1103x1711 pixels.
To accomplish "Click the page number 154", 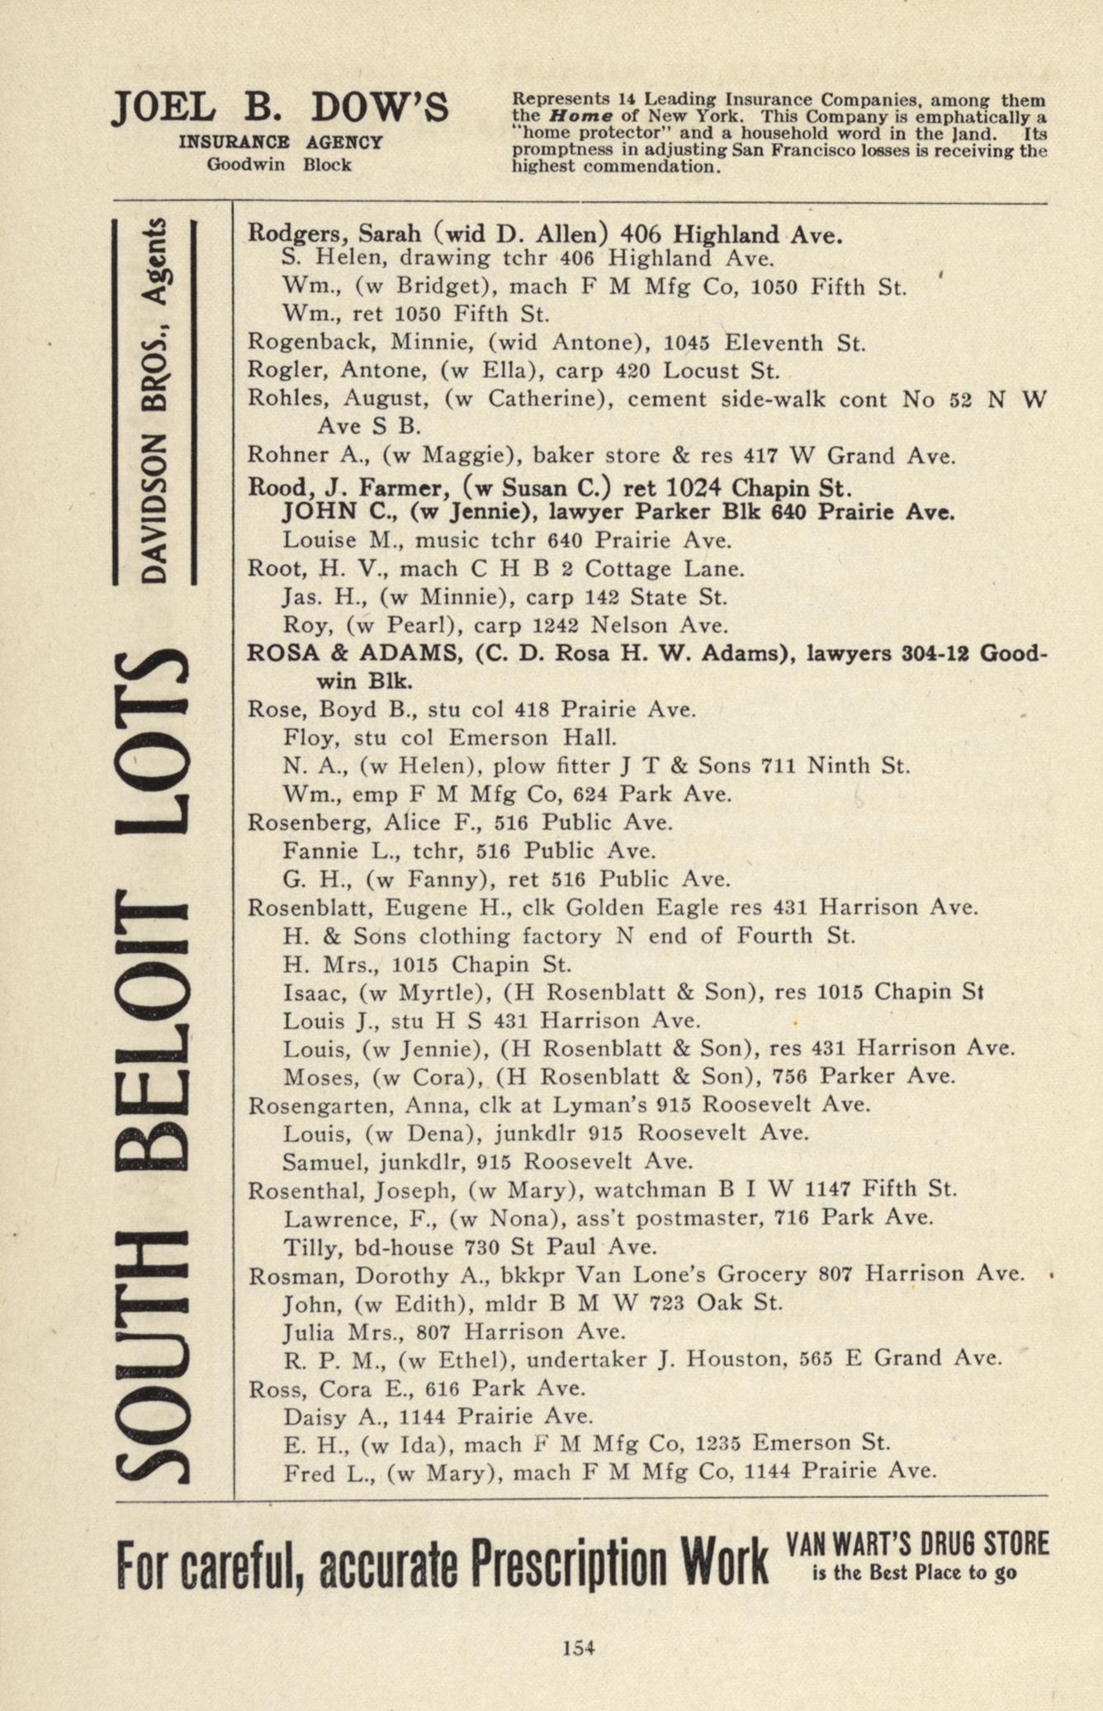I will pyautogui.click(x=578, y=1647).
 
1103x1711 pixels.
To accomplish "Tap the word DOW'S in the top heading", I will pyautogui.click(x=380, y=109).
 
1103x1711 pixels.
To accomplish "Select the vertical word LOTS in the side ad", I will pyautogui.click(x=154, y=742).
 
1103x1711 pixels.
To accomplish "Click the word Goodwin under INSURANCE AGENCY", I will pyautogui.click(x=245, y=164).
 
